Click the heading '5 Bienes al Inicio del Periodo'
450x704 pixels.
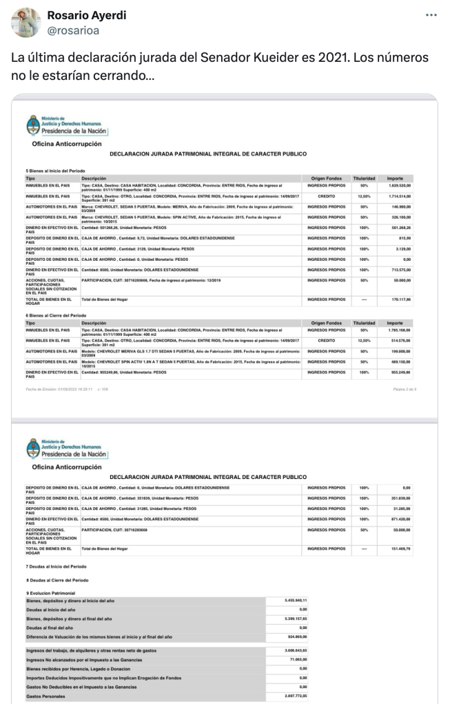(56, 169)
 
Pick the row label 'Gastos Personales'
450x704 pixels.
(44, 696)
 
